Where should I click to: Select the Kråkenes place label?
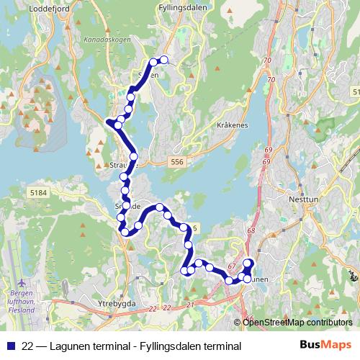pyautogui.click(x=232, y=125)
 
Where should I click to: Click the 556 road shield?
pyautogui.click(x=178, y=163)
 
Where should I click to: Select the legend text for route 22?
pyautogui.click(x=130, y=346)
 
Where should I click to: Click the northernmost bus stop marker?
pyautogui.click(x=163, y=60)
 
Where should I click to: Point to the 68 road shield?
pyautogui.click(x=251, y=230)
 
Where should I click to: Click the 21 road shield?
pyautogui.click(x=190, y=306)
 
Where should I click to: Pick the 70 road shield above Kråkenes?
pyautogui.click(x=268, y=60)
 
